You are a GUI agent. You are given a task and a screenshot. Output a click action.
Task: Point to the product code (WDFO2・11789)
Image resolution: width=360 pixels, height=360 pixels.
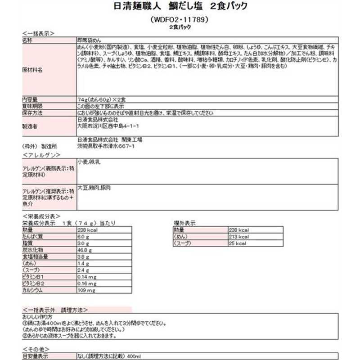point(179,20)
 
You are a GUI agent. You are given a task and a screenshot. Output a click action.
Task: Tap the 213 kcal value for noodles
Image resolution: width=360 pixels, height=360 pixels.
point(238,237)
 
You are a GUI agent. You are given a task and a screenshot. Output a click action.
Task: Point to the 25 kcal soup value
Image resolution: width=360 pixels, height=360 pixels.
point(237,243)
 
